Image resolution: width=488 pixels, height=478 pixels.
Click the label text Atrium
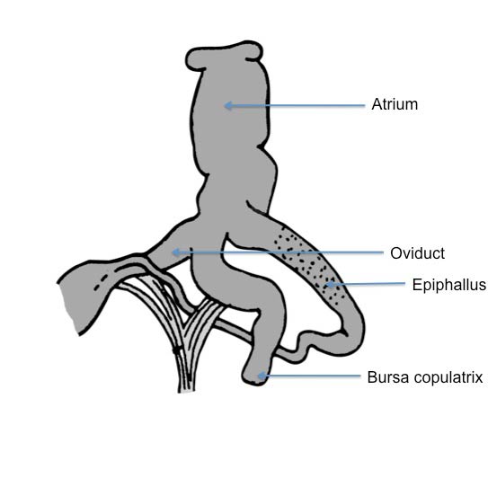[395, 104]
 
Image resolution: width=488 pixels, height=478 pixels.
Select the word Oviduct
[417, 253]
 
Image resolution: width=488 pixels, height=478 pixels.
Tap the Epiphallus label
[448, 285]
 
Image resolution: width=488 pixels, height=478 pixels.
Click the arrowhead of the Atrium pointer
[228, 105]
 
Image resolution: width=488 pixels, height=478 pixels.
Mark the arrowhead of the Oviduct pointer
[176, 252]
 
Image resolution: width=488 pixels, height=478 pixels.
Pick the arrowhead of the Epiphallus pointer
[329, 284]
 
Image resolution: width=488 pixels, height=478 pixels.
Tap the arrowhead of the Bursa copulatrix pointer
[262, 376]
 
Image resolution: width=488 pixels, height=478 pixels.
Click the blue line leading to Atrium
[295, 106]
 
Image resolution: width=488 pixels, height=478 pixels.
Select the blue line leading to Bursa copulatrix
[309, 376]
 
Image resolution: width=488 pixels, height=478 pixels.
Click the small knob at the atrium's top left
[194, 59]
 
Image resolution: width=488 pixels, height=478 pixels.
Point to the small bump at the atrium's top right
[253, 51]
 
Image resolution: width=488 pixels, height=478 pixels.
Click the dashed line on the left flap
[102, 282]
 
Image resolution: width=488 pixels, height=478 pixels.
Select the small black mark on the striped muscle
[176, 350]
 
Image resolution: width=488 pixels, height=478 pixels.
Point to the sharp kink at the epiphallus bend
[344, 332]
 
